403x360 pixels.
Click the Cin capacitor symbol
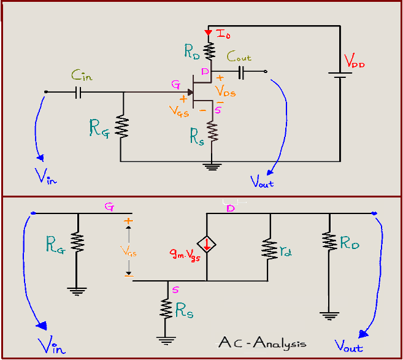click(79, 93)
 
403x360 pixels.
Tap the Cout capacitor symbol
click(241, 72)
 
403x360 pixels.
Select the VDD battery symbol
click(339, 74)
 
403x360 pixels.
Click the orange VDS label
click(225, 93)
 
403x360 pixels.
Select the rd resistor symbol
click(268, 248)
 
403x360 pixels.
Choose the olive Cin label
click(82, 76)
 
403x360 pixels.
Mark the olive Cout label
click(239, 56)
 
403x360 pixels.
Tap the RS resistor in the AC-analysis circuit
click(167, 308)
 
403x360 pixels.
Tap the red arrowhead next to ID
click(210, 32)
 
